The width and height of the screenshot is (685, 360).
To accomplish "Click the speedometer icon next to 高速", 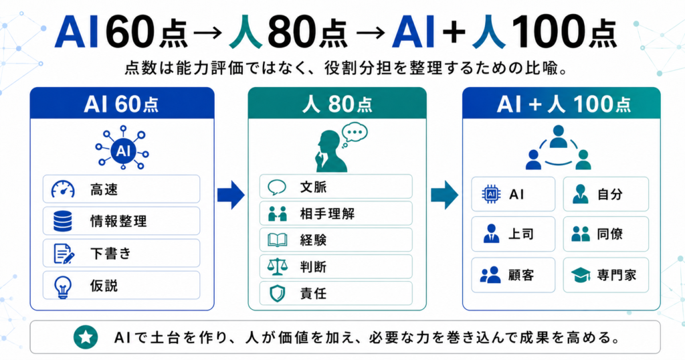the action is tap(63, 189).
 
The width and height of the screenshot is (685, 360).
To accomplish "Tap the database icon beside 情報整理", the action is tap(62, 221).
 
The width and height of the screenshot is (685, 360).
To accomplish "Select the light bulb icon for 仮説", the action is tap(62, 286).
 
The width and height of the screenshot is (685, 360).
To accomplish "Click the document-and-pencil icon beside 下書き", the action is tap(64, 254).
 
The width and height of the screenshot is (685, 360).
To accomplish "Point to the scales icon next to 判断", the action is tap(278, 266).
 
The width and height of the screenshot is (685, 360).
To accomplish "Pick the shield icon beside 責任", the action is tap(278, 294).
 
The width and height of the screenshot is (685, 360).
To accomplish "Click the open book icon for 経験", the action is tap(278, 240).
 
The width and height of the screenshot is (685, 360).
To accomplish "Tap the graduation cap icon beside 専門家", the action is tap(581, 275).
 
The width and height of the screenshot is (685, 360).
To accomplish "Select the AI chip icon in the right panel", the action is tap(491, 195).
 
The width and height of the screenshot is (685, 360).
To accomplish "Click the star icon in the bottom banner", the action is tap(86, 337).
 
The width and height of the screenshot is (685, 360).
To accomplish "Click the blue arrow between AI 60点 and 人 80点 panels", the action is tap(231, 195).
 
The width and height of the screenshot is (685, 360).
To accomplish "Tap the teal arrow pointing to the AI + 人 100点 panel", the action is tap(444, 195).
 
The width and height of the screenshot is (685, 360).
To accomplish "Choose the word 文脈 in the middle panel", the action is tap(313, 187).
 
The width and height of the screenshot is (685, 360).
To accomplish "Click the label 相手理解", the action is tap(327, 213).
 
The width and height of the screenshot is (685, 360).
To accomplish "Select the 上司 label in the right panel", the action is tap(520, 234).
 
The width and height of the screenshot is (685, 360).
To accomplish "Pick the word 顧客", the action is tap(520, 275).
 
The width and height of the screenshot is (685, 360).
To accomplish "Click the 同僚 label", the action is tap(610, 234).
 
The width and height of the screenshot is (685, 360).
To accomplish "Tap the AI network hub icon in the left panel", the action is tap(123, 148).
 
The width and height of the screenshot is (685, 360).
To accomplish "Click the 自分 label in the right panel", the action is tap(610, 195).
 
